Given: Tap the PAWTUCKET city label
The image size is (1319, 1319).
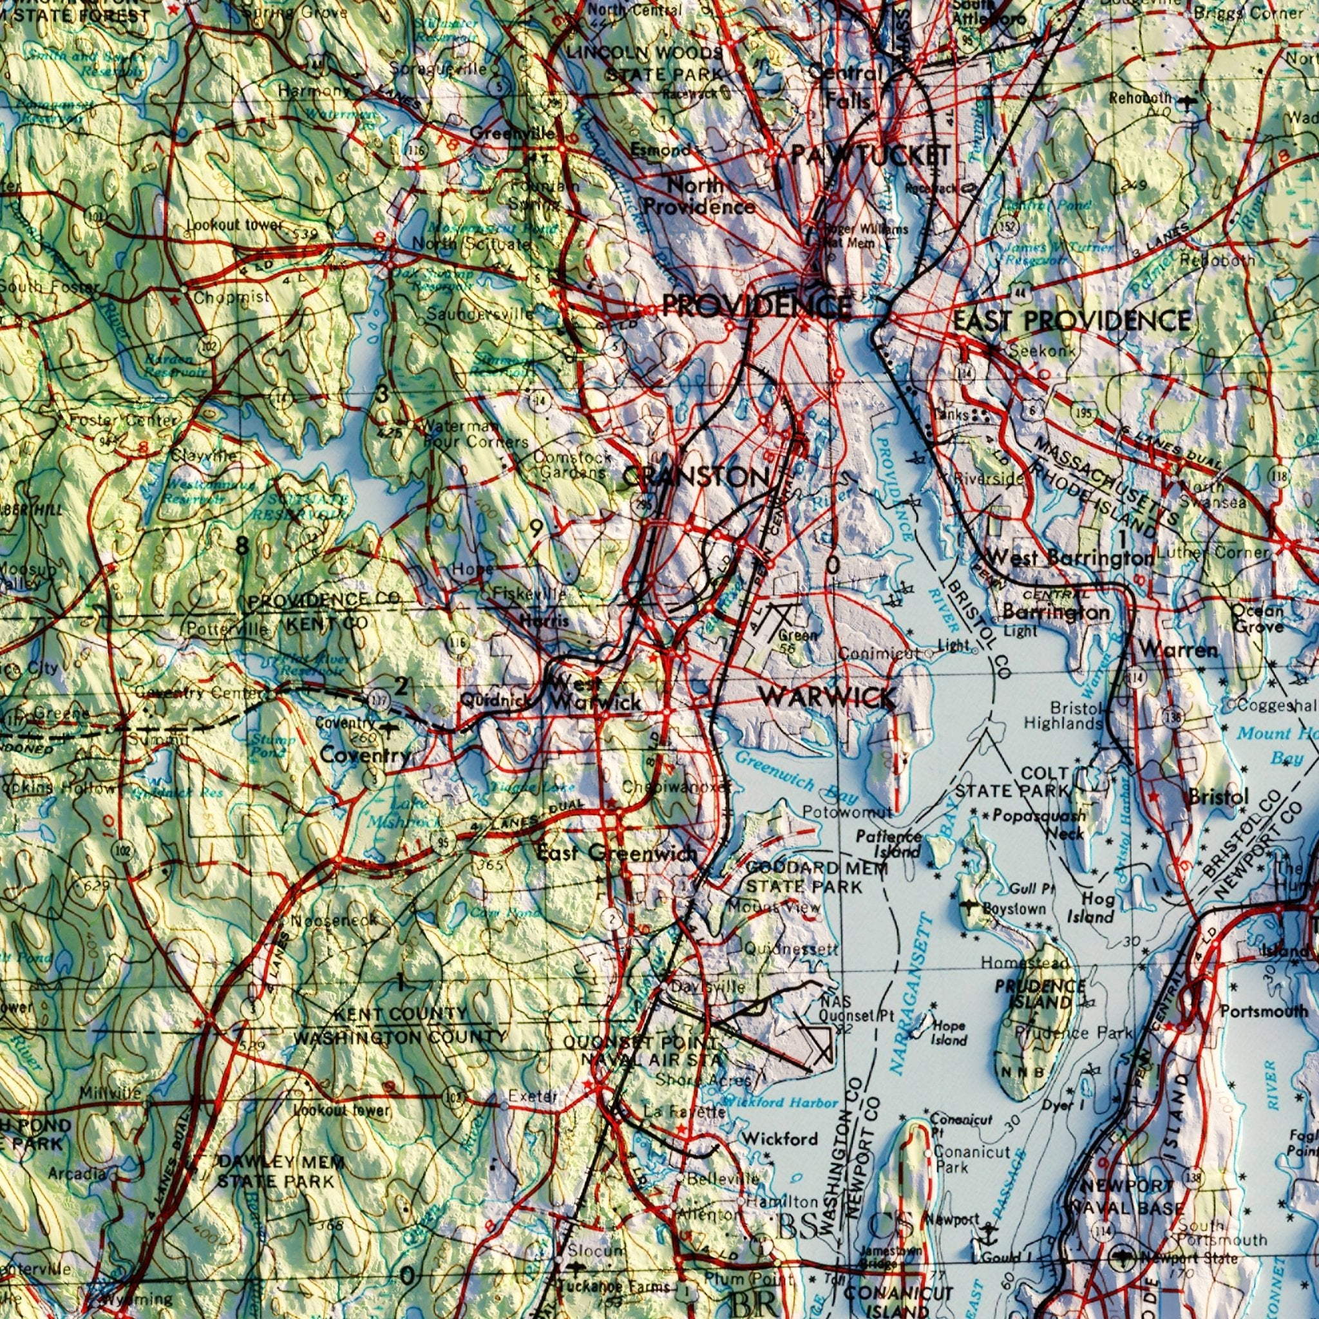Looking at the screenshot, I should pyautogui.click(x=871, y=156).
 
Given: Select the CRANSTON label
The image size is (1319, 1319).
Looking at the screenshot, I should pyautogui.click(x=696, y=476).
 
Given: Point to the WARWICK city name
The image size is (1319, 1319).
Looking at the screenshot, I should pyautogui.click(x=827, y=697).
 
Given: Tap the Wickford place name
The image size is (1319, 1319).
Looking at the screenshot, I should pyautogui.click(x=780, y=1138).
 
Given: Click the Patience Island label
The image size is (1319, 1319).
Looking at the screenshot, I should pyautogui.click(x=889, y=844).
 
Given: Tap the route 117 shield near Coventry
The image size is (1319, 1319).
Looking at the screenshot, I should pyautogui.click(x=378, y=698).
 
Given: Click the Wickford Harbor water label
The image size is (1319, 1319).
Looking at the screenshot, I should pyautogui.click(x=780, y=1103).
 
